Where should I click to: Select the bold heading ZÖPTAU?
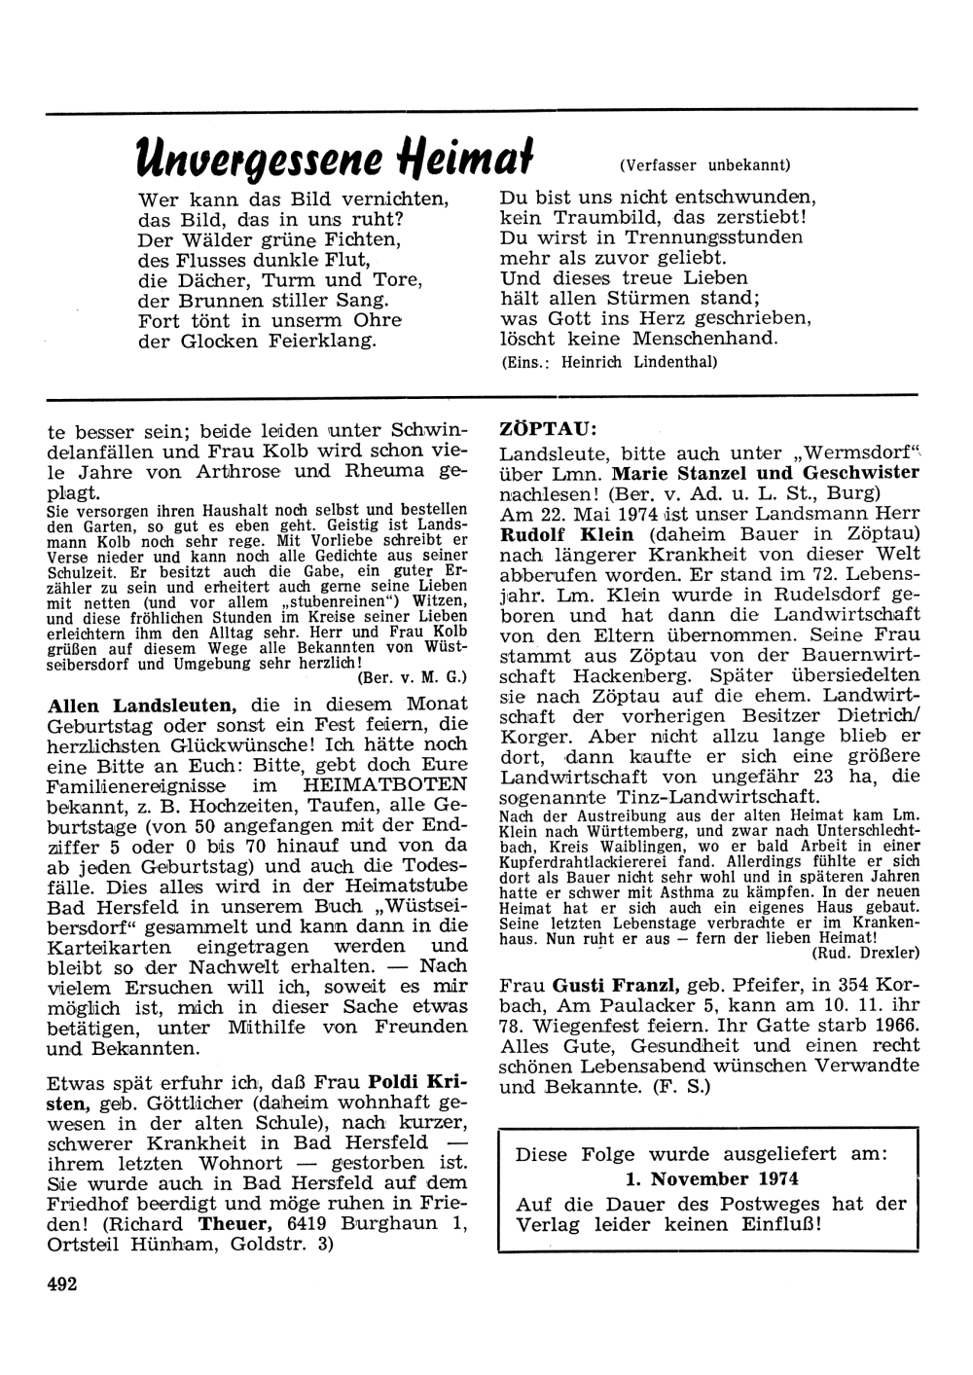(x=548, y=428)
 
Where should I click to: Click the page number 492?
(x=61, y=1283)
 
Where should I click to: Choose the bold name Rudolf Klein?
(x=566, y=534)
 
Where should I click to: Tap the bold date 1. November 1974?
(x=711, y=1178)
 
